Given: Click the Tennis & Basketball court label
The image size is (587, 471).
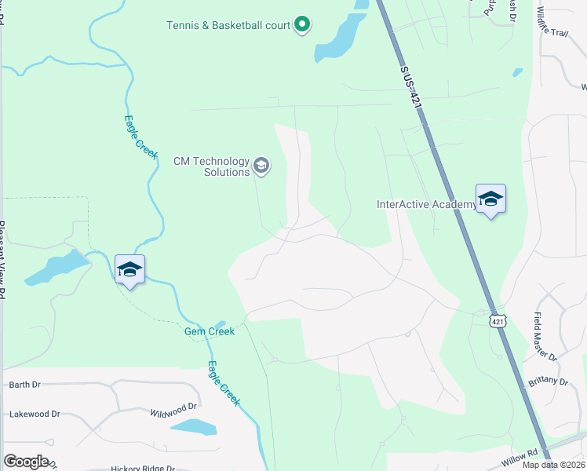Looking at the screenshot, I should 228,25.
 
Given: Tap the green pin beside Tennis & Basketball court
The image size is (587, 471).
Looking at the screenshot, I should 302,25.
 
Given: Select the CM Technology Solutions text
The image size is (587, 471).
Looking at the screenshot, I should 211,166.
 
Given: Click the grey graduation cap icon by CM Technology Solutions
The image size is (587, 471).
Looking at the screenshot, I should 261,166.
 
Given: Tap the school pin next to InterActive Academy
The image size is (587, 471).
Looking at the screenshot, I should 490,199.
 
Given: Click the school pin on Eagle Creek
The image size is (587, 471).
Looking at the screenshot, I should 129,270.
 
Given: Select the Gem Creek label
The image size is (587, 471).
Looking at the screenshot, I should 210,332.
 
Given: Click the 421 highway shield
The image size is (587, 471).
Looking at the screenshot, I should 498,321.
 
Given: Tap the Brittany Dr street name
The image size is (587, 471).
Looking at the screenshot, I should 548,382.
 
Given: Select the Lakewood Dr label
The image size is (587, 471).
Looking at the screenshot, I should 35,414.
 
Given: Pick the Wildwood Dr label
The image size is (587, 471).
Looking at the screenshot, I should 173,409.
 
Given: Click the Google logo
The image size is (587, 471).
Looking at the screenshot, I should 26,461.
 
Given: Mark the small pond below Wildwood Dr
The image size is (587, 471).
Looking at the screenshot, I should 193,427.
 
